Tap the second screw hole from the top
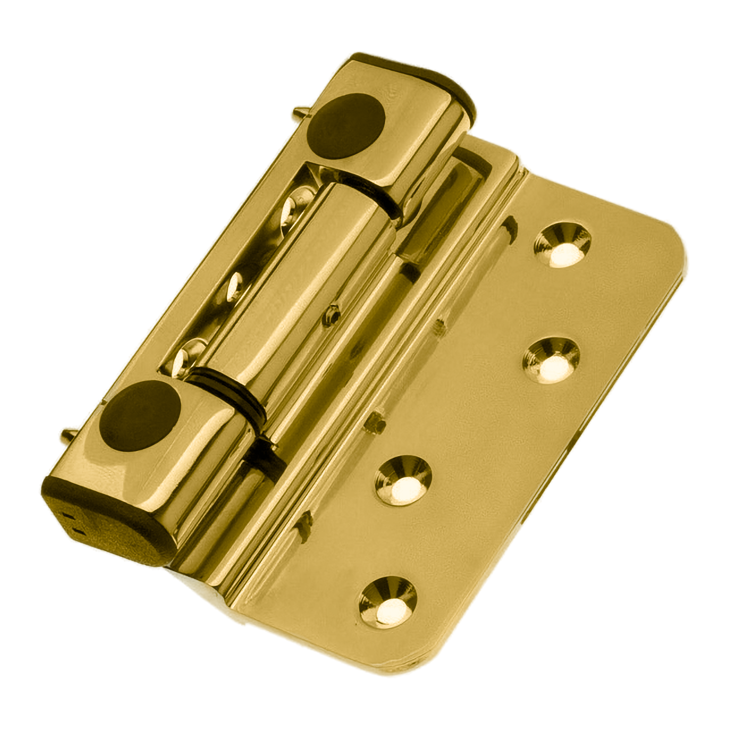tap(551, 360)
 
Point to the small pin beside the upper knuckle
tap(301, 111)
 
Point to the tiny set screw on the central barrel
tap(330, 315)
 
